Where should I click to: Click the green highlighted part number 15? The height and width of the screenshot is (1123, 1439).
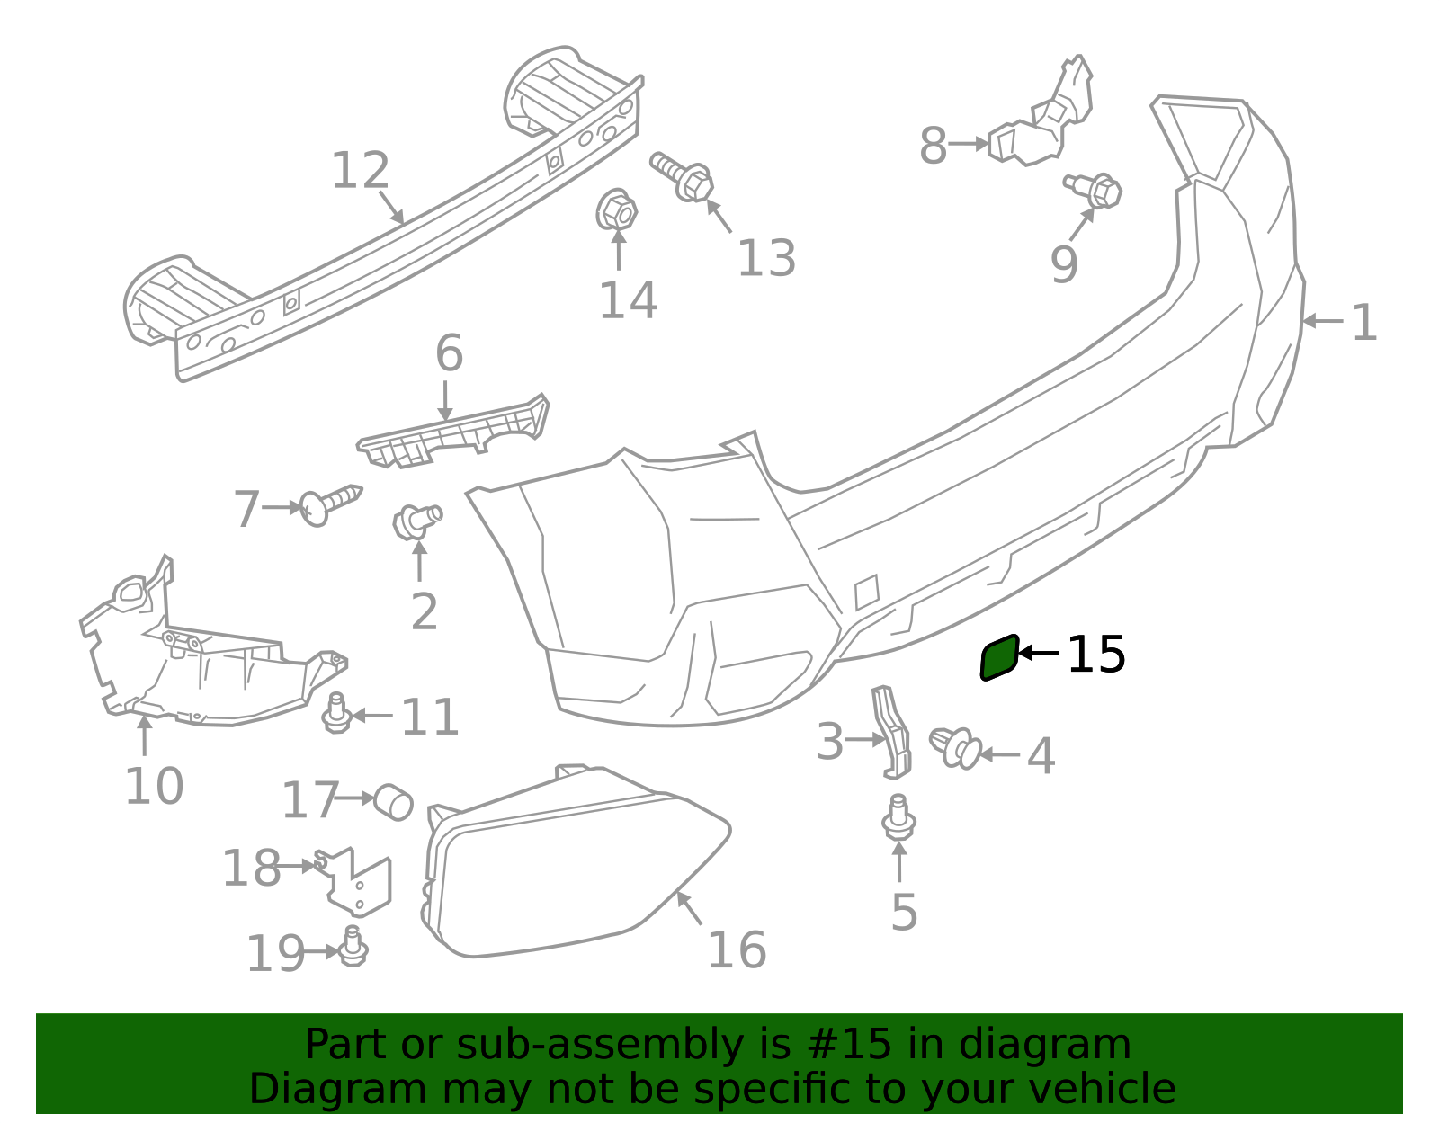pyautogui.click(x=999, y=658)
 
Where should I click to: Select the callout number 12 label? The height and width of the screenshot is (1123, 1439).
pyautogui.click(x=360, y=171)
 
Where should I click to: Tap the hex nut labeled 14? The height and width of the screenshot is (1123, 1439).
pyautogui.click(x=616, y=212)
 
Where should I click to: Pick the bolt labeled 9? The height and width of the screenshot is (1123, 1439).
pyautogui.click(x=1095, y=191)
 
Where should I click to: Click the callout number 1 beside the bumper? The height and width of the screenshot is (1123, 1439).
pyautogui.click(x=1363, y=322)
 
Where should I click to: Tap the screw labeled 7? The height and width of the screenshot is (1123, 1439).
pyautogui.click(x=328, y=505)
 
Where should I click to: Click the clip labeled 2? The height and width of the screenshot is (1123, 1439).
pyautogui.click(x=416, y=521)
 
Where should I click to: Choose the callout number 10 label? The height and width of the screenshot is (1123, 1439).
pyautogui.click(x=154, y=787)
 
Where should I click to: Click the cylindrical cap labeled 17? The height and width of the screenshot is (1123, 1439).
pyautogui.click(x=393, y=801)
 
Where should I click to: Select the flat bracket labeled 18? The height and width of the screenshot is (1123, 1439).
pyautogui.click(x=358, y=880)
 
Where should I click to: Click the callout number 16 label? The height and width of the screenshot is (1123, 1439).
pyautogui.click(x=737, y=950)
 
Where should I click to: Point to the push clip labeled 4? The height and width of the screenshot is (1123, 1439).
pyautogui.click(x=954, y=747)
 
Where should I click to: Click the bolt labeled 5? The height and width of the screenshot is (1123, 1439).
pyautogui.click(x=898, y=817)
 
